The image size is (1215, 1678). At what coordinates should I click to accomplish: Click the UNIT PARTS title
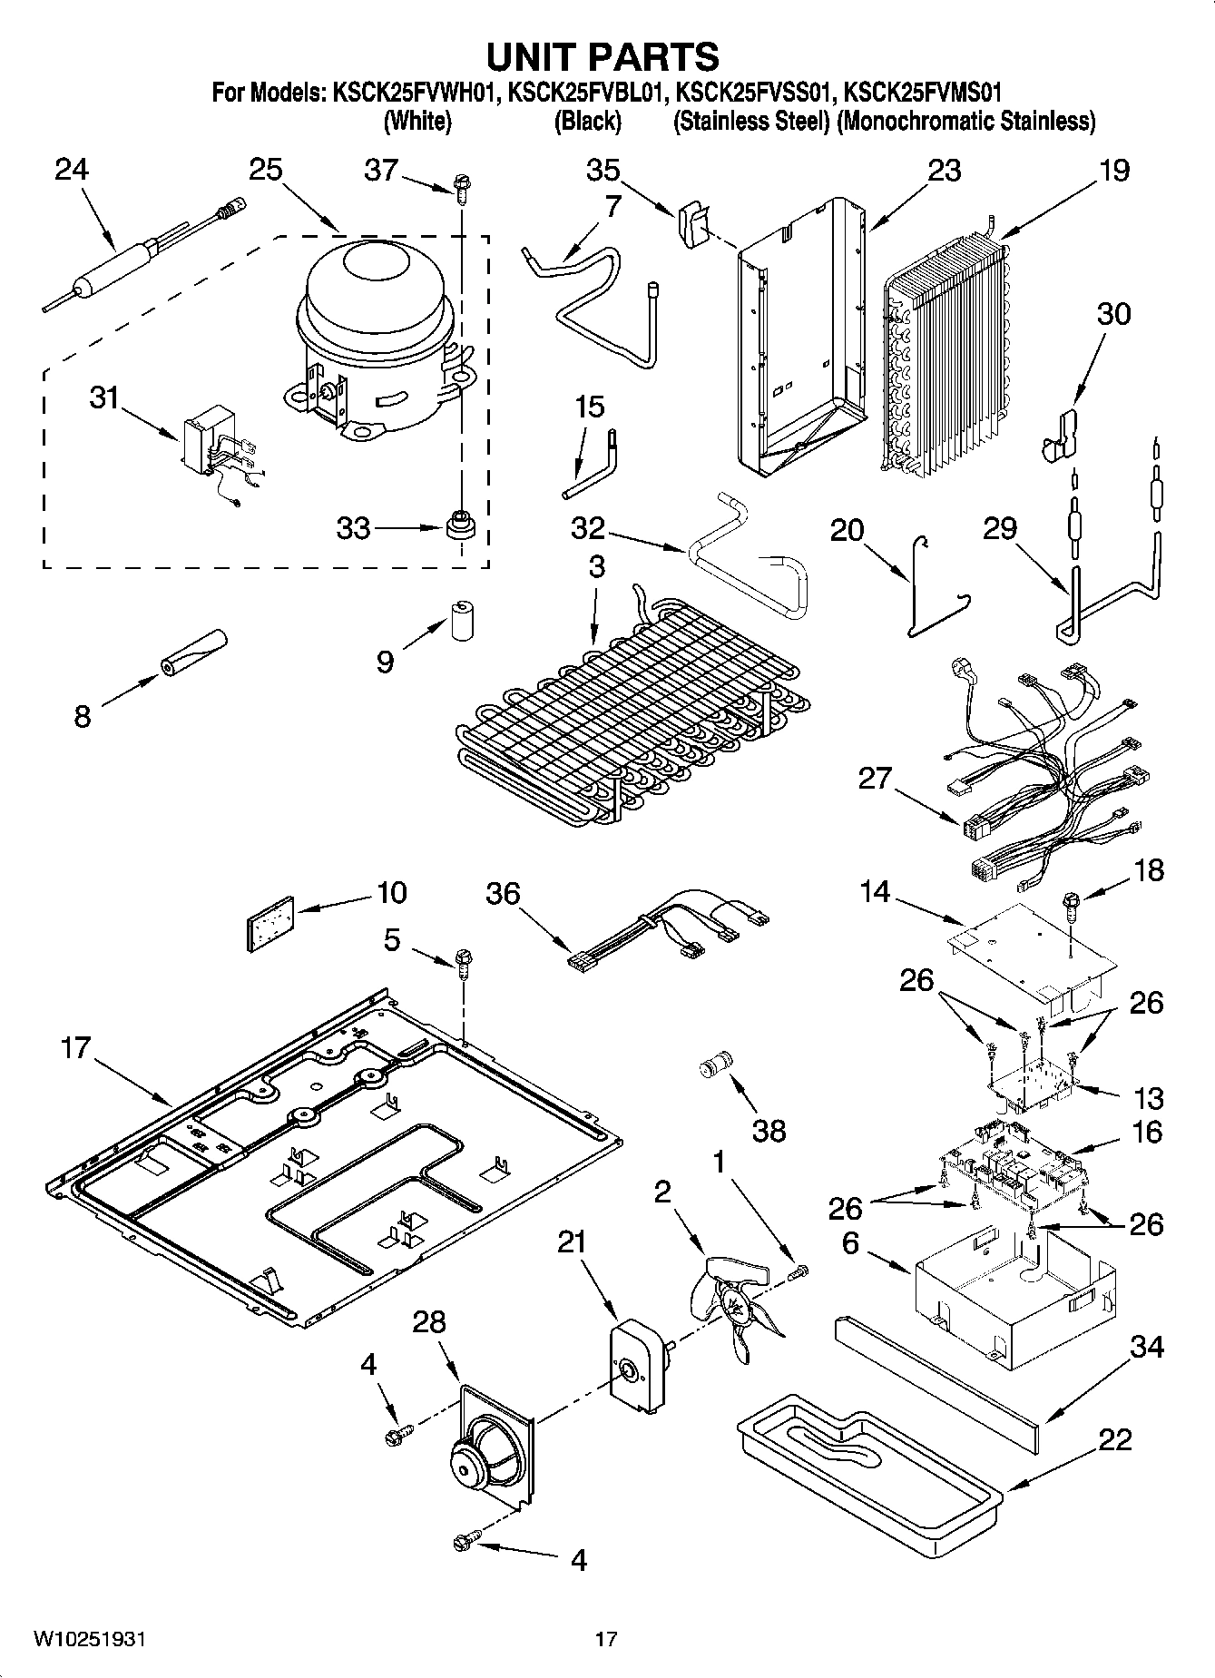pos(603,56)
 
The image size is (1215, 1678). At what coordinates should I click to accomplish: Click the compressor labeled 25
pos(377,336)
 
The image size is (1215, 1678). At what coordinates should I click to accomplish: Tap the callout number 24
pos(72,170)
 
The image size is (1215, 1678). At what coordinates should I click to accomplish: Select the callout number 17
pos(76,1048)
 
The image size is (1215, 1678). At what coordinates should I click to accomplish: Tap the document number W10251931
pos(90,1639)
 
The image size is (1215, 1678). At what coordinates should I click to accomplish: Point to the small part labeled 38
pos(717,1063)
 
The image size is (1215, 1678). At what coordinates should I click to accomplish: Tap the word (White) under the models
pos(417,121)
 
